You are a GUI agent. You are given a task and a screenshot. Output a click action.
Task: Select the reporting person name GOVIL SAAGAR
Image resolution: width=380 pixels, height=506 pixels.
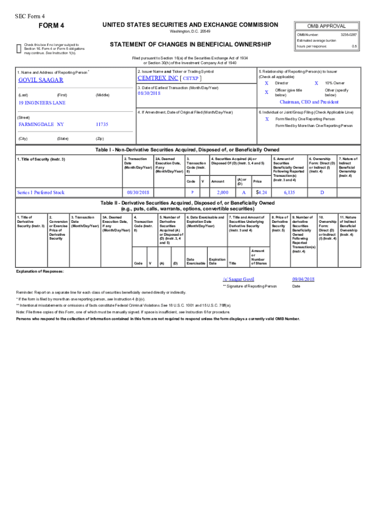pos(40,80)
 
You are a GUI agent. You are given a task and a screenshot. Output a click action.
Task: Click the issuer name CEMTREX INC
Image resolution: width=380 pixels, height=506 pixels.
pos(158,78)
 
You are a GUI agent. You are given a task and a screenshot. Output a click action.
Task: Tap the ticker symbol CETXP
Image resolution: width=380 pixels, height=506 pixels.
pos(191,79)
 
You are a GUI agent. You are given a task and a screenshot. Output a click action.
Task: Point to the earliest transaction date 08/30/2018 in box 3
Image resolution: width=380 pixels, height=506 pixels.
pos(150,93)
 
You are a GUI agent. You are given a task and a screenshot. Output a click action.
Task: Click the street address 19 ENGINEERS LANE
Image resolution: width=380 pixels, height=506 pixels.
pos(42,103)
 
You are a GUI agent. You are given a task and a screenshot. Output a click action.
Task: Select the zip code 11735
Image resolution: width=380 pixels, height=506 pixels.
pos(102,124)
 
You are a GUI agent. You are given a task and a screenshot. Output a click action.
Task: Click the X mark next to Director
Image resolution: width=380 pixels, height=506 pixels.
pos(266,84)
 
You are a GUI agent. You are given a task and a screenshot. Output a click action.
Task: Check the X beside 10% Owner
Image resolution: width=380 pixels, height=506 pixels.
pos(316,84)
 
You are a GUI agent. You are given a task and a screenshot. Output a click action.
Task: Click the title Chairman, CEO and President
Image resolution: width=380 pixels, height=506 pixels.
pos(309,102)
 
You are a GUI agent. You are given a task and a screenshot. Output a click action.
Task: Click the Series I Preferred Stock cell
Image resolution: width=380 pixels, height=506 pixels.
pos(40,192)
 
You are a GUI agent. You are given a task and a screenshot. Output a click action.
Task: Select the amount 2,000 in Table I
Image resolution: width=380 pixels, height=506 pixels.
pos(222,192)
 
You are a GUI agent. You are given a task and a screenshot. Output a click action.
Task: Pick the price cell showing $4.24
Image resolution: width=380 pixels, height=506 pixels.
pos(262,192)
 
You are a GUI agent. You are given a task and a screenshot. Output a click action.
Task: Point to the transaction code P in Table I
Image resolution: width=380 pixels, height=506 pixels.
pos(192,192)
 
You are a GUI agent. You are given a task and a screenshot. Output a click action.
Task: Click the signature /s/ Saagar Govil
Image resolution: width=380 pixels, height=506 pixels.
pos(238,279)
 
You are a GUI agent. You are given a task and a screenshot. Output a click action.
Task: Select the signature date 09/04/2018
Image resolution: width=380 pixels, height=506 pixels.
pos(303,279)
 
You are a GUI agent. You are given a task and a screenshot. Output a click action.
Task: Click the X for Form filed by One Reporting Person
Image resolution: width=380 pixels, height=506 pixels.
pos(266,119)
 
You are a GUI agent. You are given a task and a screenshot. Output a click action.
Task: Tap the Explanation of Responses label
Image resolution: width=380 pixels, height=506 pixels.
pos(40,271)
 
